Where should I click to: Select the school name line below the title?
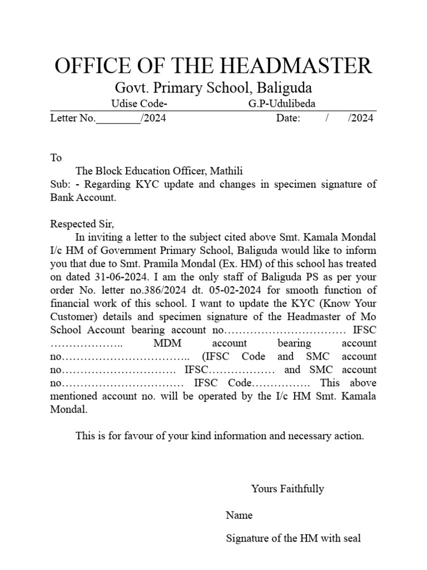(x=213, y=88)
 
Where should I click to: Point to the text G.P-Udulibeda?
(x=282, y=104)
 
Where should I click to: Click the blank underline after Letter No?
(x=118, y=118)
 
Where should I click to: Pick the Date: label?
(x=288, y=118)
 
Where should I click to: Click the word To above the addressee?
(x=56, y=158)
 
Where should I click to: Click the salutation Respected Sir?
(x=82, y=224)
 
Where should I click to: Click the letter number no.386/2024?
(x=183, y=290)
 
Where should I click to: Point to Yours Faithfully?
(x=287, y=489)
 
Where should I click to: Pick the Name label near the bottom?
(x=239, y=515)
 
